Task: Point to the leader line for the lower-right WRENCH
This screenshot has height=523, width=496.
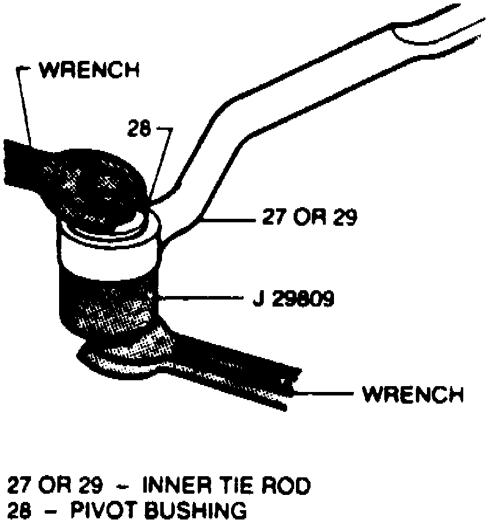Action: pyautogui.click(x=325, y=394)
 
